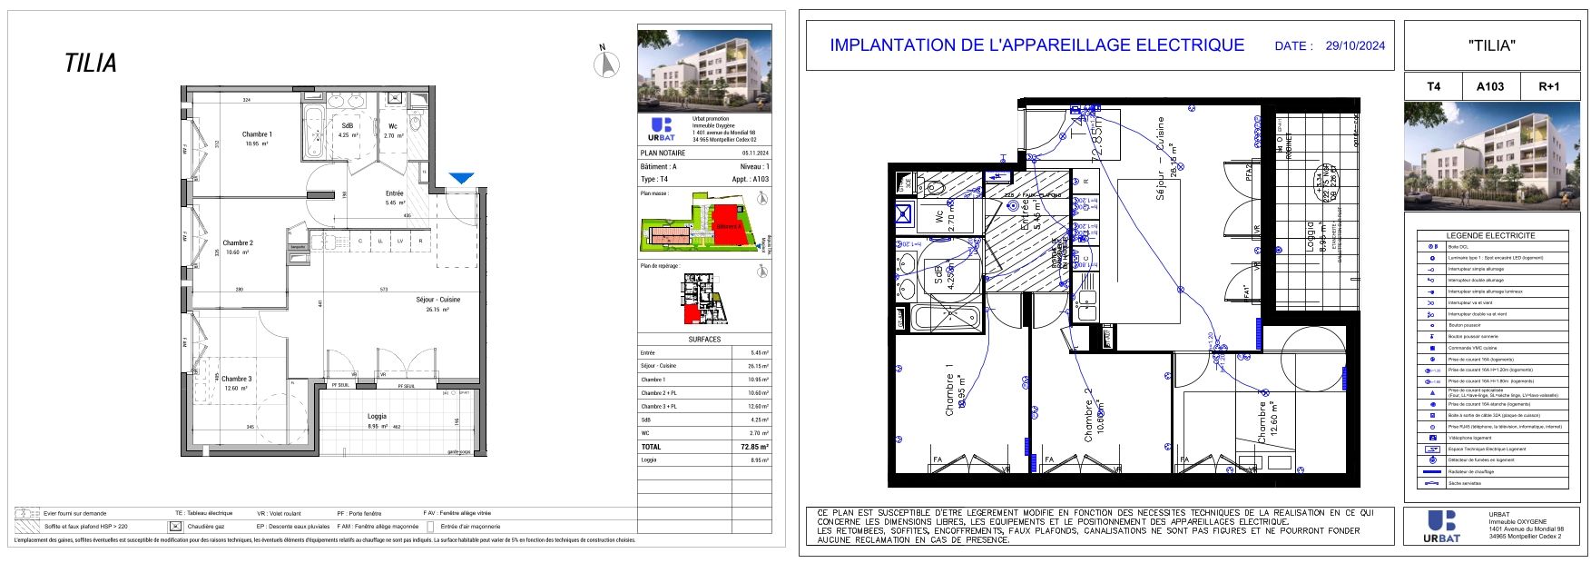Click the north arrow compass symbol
(606, 63)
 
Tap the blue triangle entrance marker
(462, 179)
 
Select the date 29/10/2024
(1355, 45)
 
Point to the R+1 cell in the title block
(1548, 86)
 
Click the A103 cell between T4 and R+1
(1489, 86)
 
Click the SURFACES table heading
(704, 340)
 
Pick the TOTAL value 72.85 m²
(754, 447)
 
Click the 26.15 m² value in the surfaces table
(759, 366)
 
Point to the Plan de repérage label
(660, 266)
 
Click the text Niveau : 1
(754, 167)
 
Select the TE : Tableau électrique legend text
(203, 513)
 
